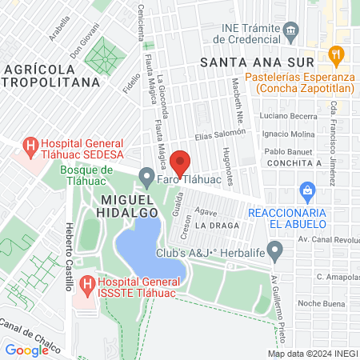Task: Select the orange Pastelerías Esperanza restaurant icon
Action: (x=336, y=54)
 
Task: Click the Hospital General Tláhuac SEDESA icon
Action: (x=31, y=146)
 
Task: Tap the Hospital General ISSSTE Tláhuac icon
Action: (x=87, y=284)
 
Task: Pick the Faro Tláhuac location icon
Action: (x=146, y=176)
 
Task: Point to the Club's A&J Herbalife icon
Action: (x=274, y=254)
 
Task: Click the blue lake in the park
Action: (x=150, y=252)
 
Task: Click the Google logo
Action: (x=26, y=350)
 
